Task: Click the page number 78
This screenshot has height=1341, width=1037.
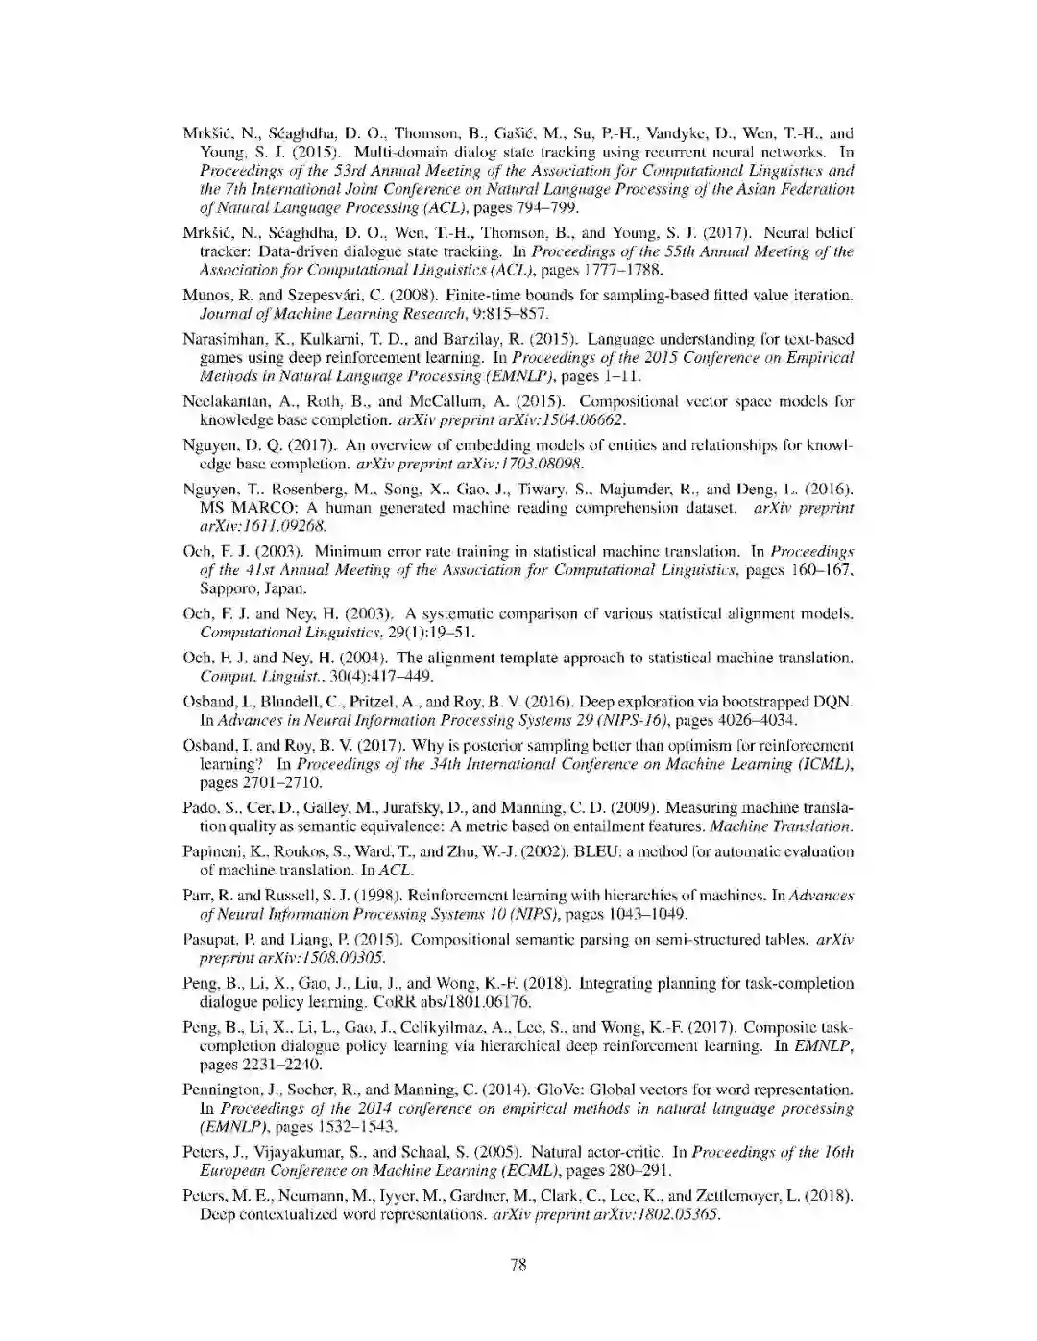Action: tap(518, 1264)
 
